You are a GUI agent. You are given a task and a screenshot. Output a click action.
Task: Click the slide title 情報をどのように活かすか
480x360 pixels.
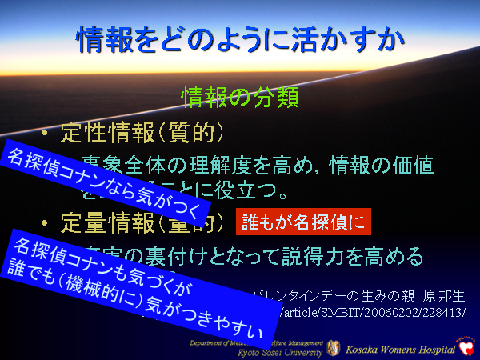tap(239, 38)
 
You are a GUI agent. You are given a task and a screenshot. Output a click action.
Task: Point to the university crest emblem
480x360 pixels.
tap(334, 348)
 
